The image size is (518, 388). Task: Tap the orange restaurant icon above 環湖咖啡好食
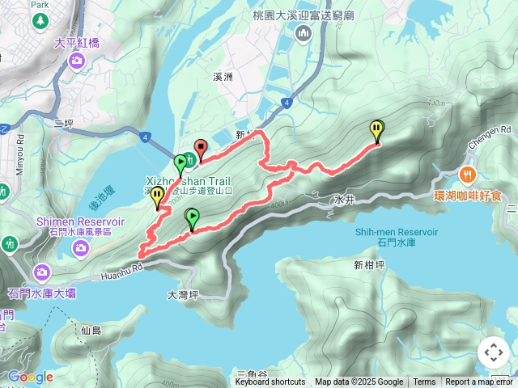(x=468, y=174)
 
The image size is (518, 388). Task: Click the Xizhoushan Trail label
(x=189, y=181)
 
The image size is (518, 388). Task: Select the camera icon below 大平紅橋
(x=76, y=60)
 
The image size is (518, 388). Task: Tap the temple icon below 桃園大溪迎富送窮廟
(x=304, y=33)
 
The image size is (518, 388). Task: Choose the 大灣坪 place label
(x=183, y=295)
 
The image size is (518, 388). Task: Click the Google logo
(x=30, y=377)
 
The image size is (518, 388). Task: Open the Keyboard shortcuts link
(x=270, y=382)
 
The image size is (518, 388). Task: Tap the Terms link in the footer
(x=424, y=382)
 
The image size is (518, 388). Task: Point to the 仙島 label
(x=91, y=330)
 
